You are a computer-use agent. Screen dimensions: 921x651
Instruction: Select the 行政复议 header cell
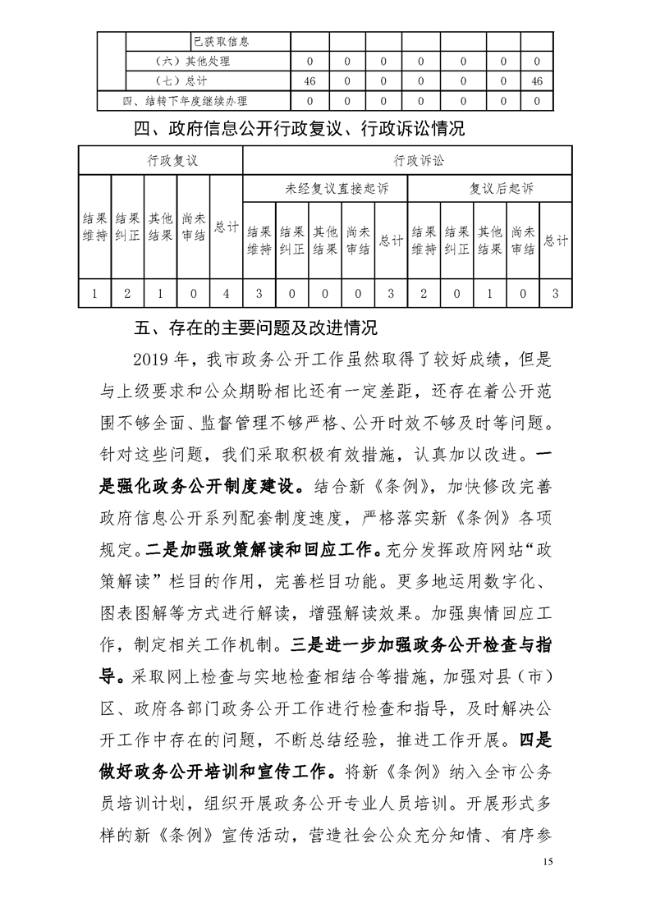[x=161, y=161]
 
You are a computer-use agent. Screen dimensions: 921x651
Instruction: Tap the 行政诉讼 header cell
[x=407, y=161]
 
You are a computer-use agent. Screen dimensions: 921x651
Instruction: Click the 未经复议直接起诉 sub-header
[x=325, y=188]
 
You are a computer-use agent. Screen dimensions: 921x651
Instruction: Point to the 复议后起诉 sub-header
[x=489, y=188]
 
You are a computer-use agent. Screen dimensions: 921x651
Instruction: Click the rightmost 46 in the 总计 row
[x=537, y=80]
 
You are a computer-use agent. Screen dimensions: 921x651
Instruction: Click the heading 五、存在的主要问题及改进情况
[x=255, y=330]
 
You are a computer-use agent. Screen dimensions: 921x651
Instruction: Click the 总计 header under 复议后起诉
[x=557, y=240]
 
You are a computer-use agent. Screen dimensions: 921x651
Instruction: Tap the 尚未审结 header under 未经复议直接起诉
[x=358, y=240]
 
